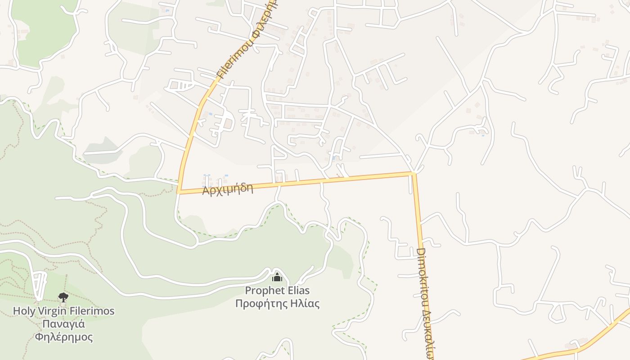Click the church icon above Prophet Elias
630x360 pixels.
[277, 277]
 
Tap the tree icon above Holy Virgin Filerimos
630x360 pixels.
[63, 297]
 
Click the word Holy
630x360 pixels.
[23, 311]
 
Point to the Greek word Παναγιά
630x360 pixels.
[63, 324]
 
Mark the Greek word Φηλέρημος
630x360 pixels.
[63, 337]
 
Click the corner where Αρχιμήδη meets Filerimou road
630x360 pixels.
[179, 192]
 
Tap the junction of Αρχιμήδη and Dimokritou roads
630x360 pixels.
[413, 173]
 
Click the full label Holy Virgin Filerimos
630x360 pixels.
[63, 311]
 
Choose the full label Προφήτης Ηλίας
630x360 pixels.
[277, 304]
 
